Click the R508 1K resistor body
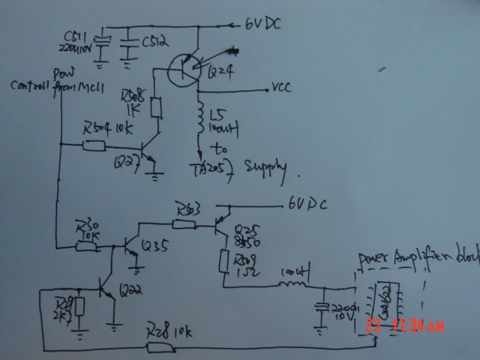155,108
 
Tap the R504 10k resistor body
93,144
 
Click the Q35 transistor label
154,245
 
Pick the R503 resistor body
183,222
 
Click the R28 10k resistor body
159,346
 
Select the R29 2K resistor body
79,309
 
